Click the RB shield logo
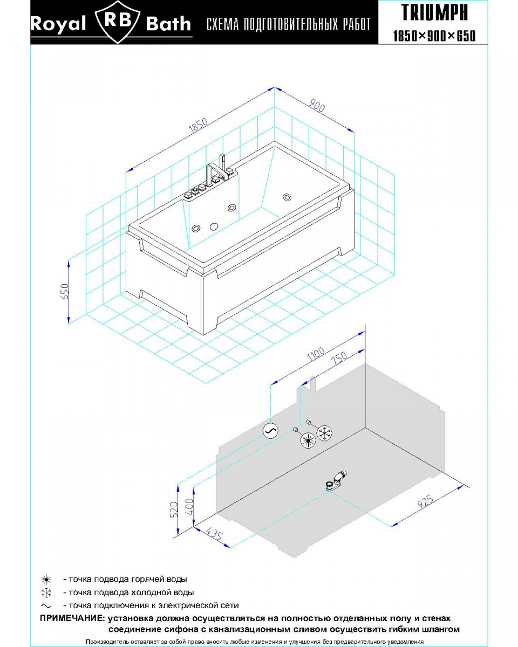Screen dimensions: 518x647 pos(118,22)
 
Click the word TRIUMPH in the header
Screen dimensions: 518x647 pos(434,12)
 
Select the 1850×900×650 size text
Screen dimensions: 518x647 pos(434,36)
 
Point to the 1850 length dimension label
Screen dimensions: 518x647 pos(198,126)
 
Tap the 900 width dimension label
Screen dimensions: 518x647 pos(317,106)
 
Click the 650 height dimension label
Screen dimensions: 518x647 pos(65,291)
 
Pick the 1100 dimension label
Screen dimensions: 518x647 pos(316,354)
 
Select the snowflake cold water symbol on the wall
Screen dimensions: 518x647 pos(325,433)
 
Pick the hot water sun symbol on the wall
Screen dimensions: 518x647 pos(308,440)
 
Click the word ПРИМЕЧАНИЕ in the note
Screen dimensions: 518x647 pos(72,618)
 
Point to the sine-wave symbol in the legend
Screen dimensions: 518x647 pos(46,605)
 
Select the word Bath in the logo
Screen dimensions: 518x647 pos(168,24)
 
